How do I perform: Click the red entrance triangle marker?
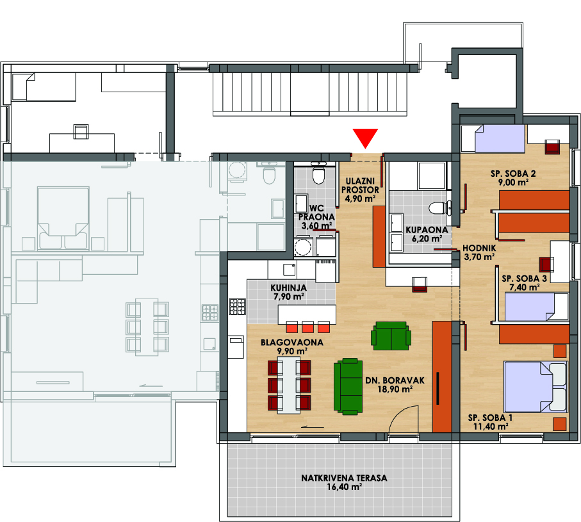365,138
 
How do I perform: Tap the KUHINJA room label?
289,288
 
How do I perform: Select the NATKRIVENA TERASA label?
344,478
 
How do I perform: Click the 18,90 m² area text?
395,389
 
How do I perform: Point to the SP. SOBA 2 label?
513,174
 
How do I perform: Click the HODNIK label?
479,248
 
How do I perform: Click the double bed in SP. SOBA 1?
536,387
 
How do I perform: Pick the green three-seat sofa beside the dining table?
348,386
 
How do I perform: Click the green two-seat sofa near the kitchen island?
391,336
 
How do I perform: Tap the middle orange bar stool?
307,327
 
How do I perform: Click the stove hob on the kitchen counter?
237,306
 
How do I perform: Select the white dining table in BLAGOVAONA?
289,385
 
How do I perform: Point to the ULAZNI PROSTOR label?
360,185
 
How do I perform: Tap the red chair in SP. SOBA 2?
552,147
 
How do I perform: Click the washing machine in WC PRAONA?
303,246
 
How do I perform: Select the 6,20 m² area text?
427,239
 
